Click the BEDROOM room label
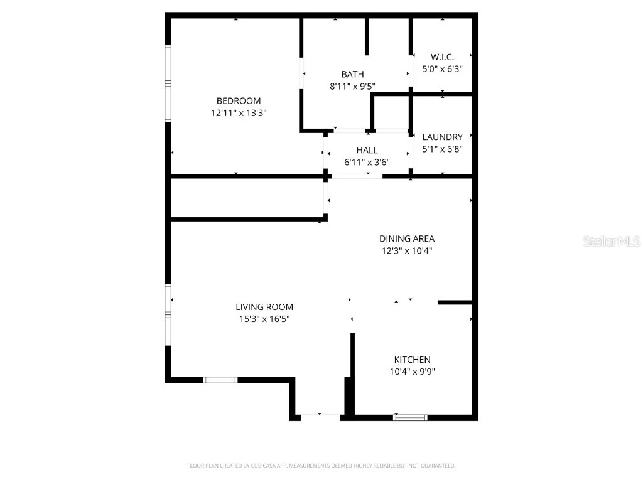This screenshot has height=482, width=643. click(238, 101)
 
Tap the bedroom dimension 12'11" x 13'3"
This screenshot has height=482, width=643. click(238, 113)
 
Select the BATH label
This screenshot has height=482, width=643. click(352, 75)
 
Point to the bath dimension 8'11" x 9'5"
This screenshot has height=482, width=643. click(352, 87)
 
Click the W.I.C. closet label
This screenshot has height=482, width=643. click(442, 57)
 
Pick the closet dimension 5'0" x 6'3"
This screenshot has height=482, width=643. click(442, 69)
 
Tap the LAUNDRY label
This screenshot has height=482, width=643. click(442, 137)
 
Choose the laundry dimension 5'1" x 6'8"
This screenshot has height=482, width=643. click(442, 149)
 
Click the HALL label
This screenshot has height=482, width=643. click(367, 150)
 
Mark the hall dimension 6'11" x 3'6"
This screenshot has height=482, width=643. click(367, 162)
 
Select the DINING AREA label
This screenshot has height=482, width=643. click(406, 238)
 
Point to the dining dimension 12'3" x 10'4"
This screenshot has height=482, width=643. click(406, 250)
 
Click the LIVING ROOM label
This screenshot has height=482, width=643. click(264, 307)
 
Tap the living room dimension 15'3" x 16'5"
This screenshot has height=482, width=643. click(264, 319)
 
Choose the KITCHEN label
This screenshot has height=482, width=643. click(412, 360)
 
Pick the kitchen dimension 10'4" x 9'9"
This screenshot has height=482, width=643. click(412, 372)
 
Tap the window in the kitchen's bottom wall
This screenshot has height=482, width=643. click(410, 417)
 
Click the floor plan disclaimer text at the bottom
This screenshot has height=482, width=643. click(321, 466)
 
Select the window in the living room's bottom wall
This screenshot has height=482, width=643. click(220, 380)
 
